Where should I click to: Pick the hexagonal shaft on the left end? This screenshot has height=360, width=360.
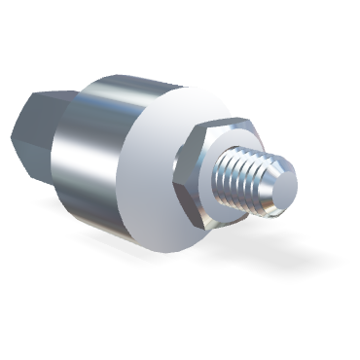pos(39,126)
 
